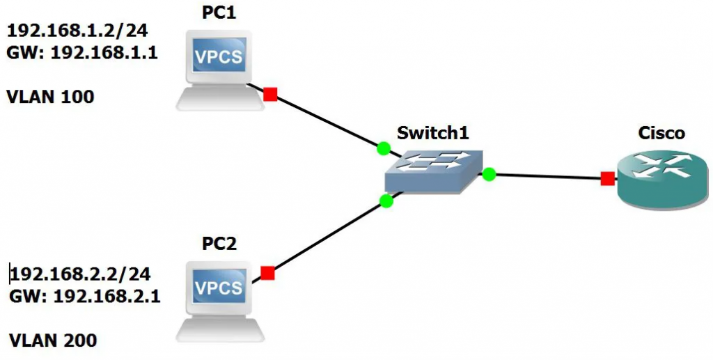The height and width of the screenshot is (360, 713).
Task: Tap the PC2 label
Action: (219, 244)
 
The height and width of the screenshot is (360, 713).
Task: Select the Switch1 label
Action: (429, 133)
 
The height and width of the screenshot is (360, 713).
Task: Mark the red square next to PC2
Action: (267, 274)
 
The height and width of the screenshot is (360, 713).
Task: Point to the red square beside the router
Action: (607, 179)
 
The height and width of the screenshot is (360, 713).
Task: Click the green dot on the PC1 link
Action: (383, 148)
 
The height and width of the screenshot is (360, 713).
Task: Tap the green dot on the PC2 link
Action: (386, 201)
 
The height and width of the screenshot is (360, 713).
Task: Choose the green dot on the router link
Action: (489, 174)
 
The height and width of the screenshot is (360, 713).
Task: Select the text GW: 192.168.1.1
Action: (81, 52)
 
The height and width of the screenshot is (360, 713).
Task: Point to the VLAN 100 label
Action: (50, 97)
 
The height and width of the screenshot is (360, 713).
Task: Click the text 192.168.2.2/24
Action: (81, 273)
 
